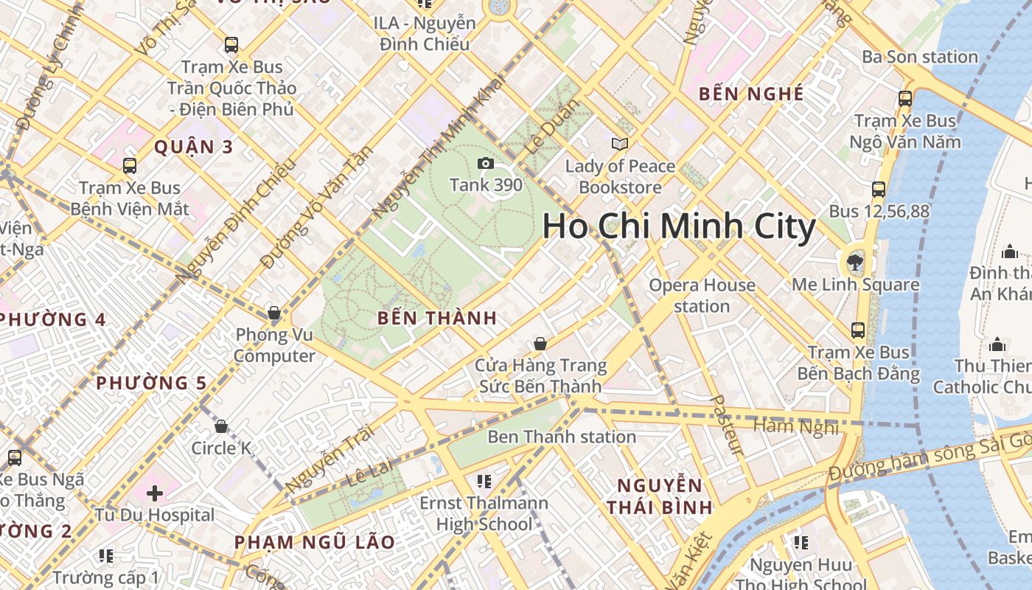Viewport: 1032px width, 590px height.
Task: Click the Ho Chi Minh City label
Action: (679, 226)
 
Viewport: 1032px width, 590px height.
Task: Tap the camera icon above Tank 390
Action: (485, 163)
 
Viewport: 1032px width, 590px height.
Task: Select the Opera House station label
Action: (702, 295)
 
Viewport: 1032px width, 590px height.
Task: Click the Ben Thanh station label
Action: (562, 437)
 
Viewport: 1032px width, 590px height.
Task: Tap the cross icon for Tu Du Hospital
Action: (155, 493)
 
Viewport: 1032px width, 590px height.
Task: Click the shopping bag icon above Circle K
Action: (220, 426)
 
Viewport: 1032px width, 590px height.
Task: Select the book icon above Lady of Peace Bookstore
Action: (620, 144)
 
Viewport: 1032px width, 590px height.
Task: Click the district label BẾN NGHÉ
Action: (751, 94)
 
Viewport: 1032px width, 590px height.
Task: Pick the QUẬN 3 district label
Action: (193, 147)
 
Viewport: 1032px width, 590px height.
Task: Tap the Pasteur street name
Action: (726, 425)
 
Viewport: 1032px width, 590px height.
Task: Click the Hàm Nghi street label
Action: (796, 426)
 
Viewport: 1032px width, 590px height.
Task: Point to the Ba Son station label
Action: (920, 57)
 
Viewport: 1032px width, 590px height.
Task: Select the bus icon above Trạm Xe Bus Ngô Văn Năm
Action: (904, 98)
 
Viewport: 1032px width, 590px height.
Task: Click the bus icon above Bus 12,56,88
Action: (878, 189)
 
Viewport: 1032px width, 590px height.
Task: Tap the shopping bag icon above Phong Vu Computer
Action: (274, 313)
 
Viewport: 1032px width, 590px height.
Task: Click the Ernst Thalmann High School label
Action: (484, 513)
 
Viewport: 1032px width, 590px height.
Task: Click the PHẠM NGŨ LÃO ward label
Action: (315, 542)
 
